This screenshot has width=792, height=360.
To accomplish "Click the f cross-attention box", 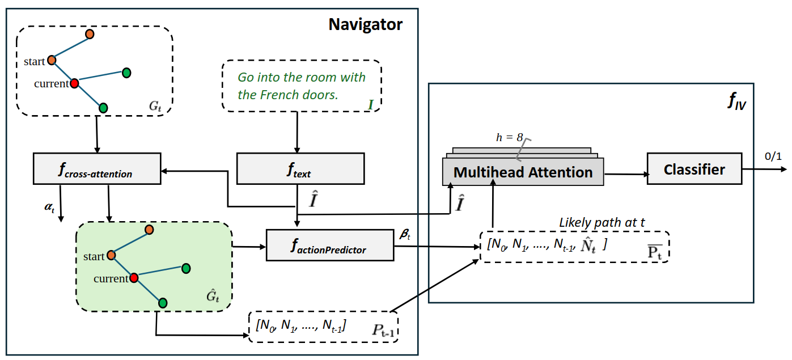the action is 97,169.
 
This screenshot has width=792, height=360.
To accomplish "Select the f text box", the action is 300,169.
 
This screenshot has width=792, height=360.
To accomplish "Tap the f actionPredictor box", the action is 330,245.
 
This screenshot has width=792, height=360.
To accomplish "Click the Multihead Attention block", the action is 523,172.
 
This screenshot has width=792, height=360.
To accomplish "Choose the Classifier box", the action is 694,169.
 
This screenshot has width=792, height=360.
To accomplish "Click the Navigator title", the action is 365,24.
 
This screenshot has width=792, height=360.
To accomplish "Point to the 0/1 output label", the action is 773,156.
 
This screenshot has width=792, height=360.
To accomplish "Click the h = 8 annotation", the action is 509,137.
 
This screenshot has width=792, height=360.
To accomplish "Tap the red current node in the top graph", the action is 74,83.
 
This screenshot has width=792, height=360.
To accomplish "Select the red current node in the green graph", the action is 134,278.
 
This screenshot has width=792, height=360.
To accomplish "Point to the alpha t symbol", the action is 49,207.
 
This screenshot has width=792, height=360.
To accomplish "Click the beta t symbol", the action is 405,234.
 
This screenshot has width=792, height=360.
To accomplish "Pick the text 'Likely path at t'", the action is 602,222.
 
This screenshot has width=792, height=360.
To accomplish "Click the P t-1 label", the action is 383,330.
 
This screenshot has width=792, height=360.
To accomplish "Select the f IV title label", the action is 736,101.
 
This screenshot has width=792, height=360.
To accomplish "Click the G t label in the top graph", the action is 155,106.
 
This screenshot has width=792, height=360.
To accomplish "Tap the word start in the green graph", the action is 94,256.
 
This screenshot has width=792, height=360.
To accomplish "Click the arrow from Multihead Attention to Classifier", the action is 625,174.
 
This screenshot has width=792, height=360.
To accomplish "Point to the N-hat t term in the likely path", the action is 588,245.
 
